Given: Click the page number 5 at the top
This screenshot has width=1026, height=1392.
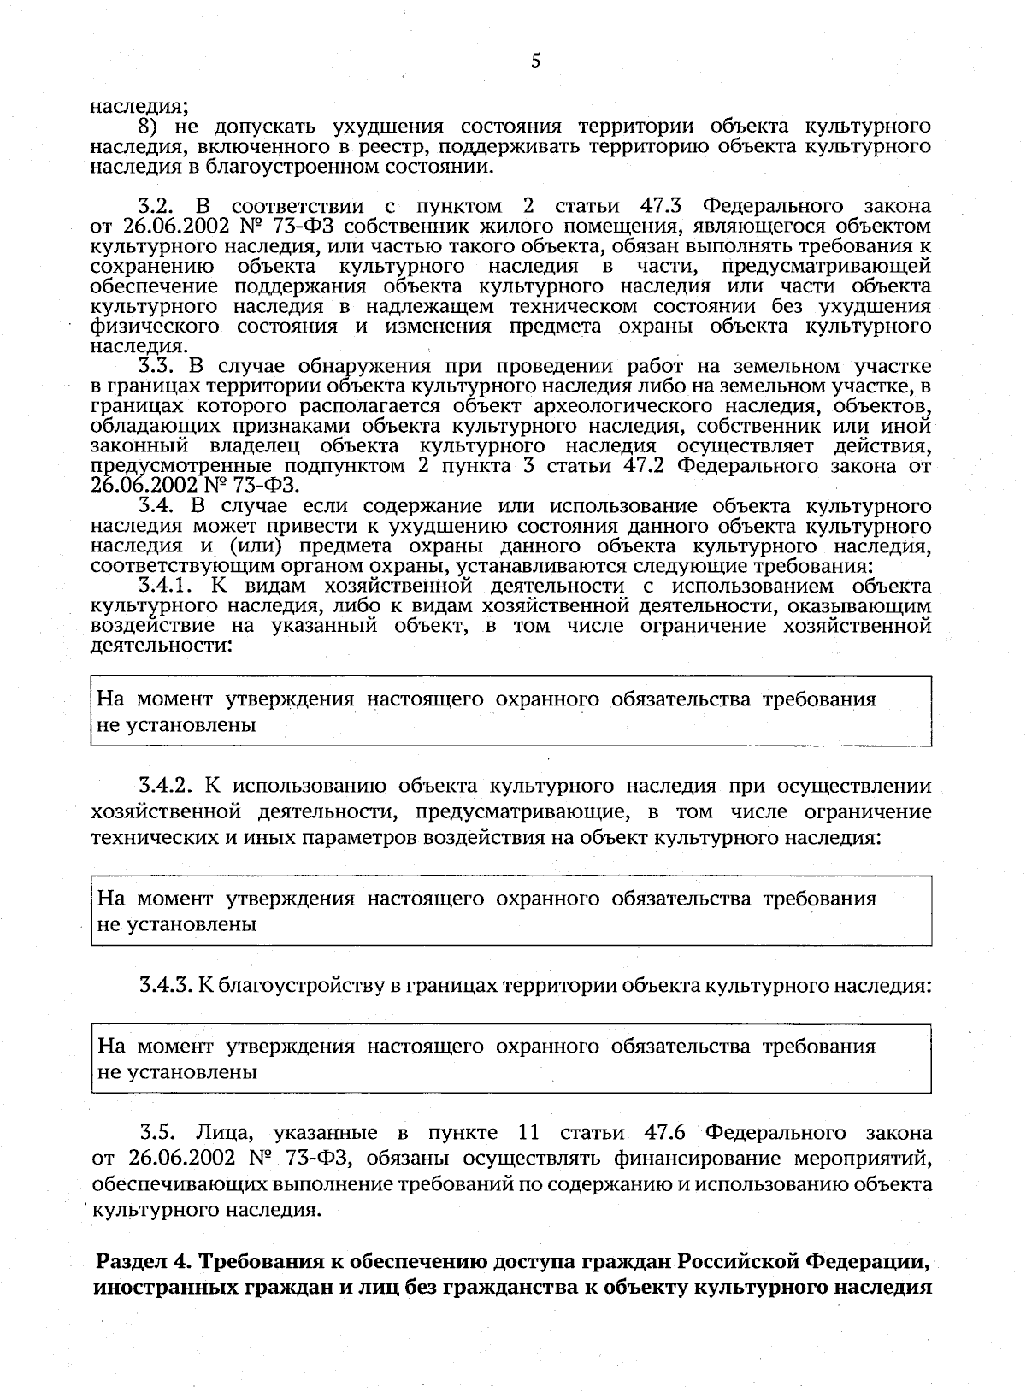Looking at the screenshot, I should tap(536, 60).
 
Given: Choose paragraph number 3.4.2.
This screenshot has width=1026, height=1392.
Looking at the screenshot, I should tap(169, 786).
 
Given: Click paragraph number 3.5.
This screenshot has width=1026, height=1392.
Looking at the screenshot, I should tap(157, 1133).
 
